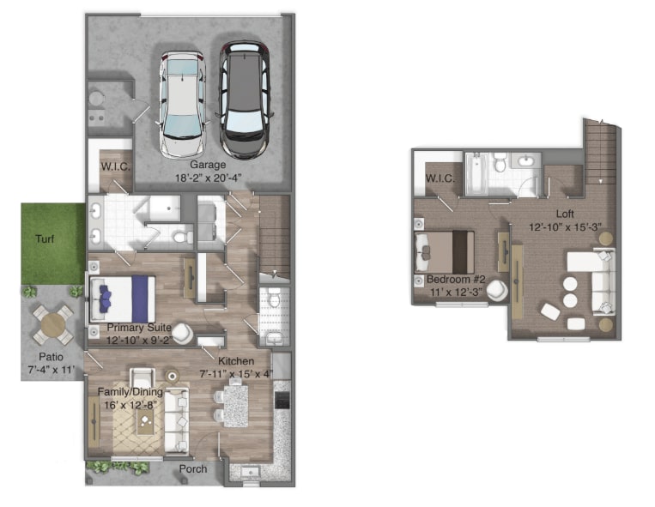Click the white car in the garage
pyautogui.click(x=182, y=105)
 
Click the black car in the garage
pyautogui.click(x=245, y=100)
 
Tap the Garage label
pyautogui.click(x=208, y=165)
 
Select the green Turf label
pyautogui.click(x=45, y=238)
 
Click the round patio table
pyautogui.click(x=52, y=325)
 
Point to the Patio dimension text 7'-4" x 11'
pyautogui.click(x=52, y=370)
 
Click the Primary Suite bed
pyautogui.click(x=123, y=299)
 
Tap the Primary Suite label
pyautogui.click(x=139, y=328)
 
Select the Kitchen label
pyautogui.click(x=236, y=361)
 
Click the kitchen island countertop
pyautogui.click(x=235, y=406)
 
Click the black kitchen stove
pyautogui.click(x=282, y=400)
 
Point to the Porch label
pyautogui.click(x=193, y=469)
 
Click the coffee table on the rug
pyautogui.click(x=145, y=421)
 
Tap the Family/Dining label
pyautogui.click(x=130, y=392)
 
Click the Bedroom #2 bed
pyautogui.click(x=444, y=252)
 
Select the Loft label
pyautogui.click(x=565, y=214)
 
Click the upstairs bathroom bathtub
pyautogui.click(x=476, y=174)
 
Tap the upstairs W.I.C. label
pyautogui.click(x=440, y=178)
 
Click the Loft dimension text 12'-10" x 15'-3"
pyautogui.click(x=565, y=227)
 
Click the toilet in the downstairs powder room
pyautogui.click(x=274, y=298)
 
